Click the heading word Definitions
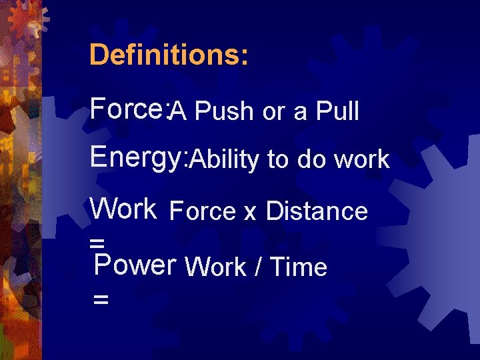[169, 55]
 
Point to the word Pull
[337, 112]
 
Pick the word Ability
[226, 160]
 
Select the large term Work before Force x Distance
[123, 209]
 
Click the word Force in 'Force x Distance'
[203, 211]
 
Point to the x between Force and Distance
[250, 213]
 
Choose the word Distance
[317, 211]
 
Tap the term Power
[135, 265]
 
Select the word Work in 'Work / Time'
[215, 267]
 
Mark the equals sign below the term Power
[101, 301]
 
